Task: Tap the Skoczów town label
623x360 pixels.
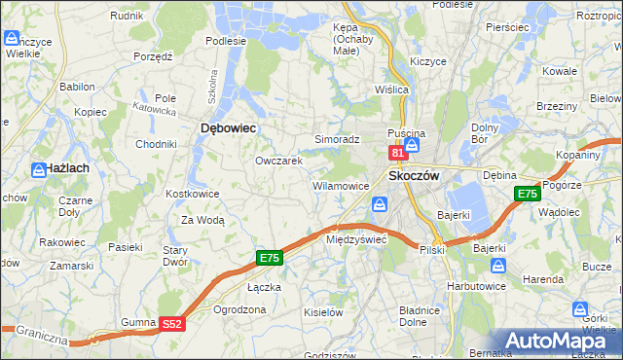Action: click(x=415, y=176)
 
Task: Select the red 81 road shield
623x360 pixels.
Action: click(x=397, y=153)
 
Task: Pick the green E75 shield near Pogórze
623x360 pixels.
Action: click(x=528, y=194)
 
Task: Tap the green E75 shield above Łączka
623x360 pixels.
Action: click(x=271, y=258)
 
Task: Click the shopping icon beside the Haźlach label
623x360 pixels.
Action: click(x=40, y=169)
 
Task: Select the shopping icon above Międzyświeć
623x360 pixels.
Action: click(x=379, y=204)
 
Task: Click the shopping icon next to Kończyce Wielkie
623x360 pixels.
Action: click(x=13, y=40)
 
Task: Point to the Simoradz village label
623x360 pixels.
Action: click(x=337, y=140)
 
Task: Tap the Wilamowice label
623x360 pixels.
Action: click(x=340, y=185)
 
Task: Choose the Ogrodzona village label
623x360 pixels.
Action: click(x=238, y=309)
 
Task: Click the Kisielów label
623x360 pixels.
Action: click(x=323, y=312)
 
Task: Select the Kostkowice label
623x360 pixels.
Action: click(x=193, y=195)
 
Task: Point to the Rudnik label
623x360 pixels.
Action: click(x=127, y=17)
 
